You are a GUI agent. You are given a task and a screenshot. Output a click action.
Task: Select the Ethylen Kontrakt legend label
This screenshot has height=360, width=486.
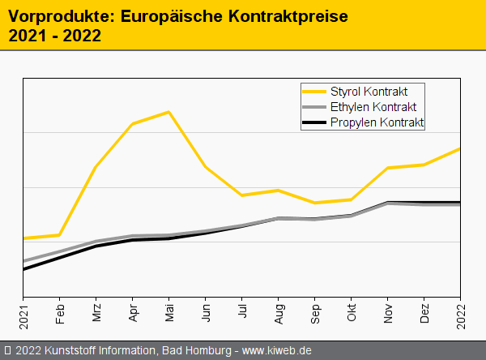(373, 106)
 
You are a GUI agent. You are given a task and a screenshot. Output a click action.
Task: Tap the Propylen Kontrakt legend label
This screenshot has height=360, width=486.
(377, 122)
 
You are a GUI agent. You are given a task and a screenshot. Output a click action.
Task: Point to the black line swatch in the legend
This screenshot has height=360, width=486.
(313, 122)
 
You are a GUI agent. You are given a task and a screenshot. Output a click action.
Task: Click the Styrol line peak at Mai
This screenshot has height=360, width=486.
(168, 112)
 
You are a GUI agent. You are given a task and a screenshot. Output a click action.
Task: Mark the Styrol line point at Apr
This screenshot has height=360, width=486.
(132, 123)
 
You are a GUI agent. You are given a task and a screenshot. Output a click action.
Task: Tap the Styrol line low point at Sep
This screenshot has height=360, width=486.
(314, 203)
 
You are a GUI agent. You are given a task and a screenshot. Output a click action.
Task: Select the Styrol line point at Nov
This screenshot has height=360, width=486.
(388, 168)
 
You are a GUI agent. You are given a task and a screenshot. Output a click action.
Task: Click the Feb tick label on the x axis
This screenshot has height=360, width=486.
(60, 314)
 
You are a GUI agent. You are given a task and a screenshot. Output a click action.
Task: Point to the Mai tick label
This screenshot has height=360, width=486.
(169, 314)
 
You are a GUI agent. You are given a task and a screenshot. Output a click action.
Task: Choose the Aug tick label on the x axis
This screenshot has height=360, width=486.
(279, 314)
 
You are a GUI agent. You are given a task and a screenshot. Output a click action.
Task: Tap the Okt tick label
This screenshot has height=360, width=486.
(352, 314)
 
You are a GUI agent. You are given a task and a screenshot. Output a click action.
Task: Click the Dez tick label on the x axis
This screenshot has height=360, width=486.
(424, 314)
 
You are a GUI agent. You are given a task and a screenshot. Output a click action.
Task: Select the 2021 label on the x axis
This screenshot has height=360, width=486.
(23, 312)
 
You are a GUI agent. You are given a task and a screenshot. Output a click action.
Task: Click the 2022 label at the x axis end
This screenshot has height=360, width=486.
(461, 312)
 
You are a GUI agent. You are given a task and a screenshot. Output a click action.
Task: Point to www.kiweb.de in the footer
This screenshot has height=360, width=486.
(277, 350)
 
